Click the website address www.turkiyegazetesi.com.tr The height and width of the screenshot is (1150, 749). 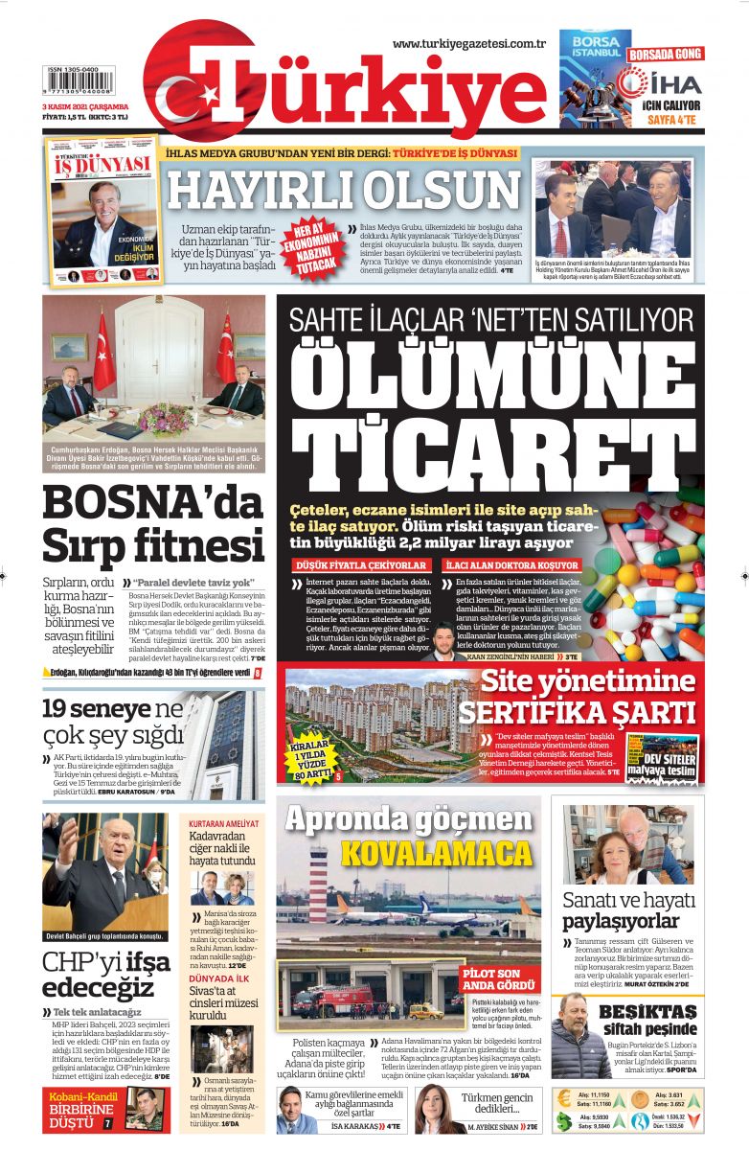pyautogui.click(x=468, y=43)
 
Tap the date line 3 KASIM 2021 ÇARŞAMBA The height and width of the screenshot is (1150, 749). pyautogui.click(x=85, y=107)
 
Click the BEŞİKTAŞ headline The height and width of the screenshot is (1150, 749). pyautogui.click(x=647, y=1012)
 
